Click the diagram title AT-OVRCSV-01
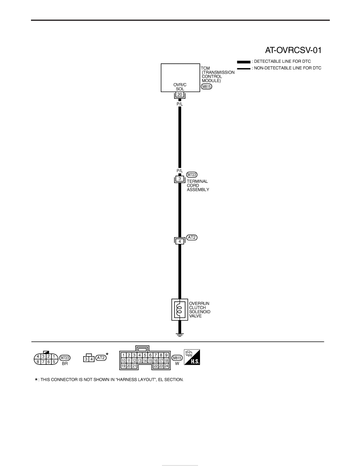[x=293, y=50]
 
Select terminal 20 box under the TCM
[x=179, y=95]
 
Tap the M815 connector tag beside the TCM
[x=206, y=87]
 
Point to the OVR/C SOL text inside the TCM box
[x=180, y=87]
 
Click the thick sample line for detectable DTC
[x=244, y=62]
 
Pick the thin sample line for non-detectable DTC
[x=244, y=69]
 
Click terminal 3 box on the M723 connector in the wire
[x=179, y=179]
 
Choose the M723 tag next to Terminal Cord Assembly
[x=192, y=175]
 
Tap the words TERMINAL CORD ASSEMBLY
[x=198, y=186]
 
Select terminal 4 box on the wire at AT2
[x=179, y=242]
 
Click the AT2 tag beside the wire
[x=192, y=237]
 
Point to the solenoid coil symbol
[x=179, y=309]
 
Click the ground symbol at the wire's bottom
[x=180, y=335]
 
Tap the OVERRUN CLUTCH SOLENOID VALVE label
[x=200, y=309]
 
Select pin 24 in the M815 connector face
[x=166, y=366]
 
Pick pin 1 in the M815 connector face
[x=124, y=355]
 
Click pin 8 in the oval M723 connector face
[x=38, y=362]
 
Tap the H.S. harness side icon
[x=192, y=357]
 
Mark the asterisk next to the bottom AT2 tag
[x=107, y=354]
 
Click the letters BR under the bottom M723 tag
[x=65, y=364]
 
